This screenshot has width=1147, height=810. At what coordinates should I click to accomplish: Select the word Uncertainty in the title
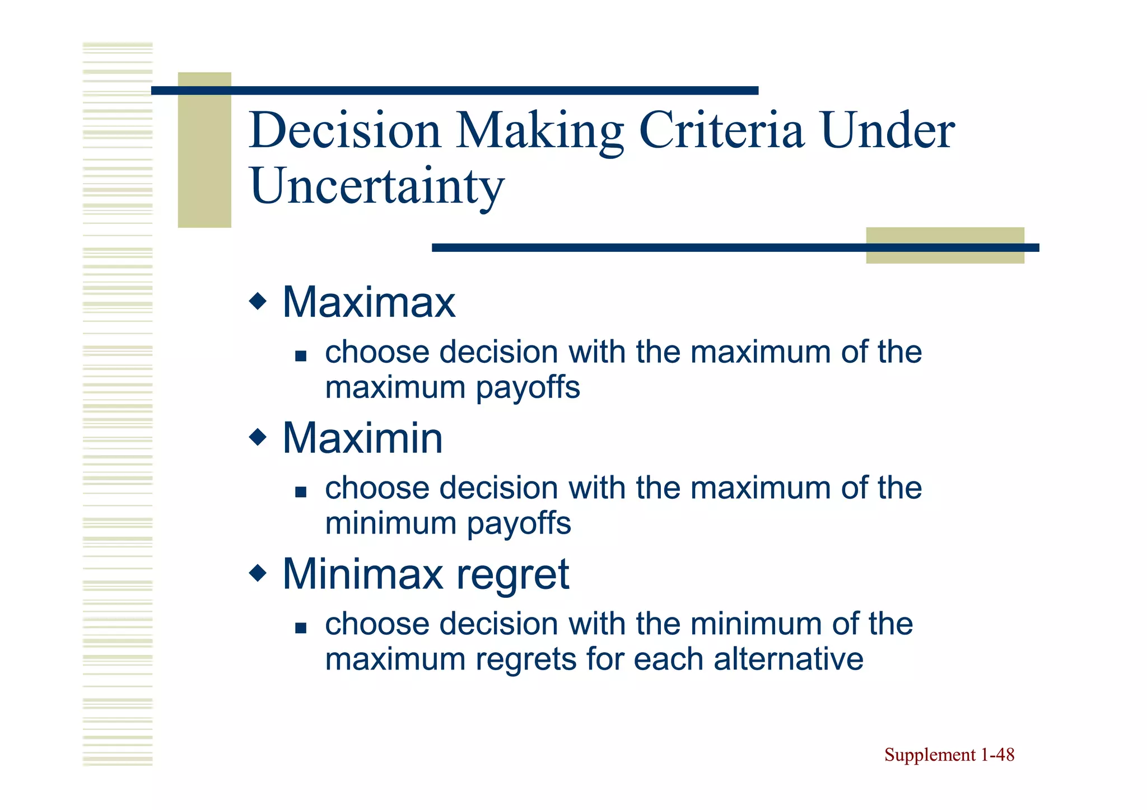tap(376, 186)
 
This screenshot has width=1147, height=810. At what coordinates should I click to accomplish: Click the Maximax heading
tap(369, 302)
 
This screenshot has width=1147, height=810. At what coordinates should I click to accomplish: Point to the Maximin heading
tap(362, 438)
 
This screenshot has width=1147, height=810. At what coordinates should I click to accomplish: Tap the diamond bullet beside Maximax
tap(258, 301)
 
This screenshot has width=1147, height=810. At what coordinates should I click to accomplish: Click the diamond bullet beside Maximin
tap(258, 437)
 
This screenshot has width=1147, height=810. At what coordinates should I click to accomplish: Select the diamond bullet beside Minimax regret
tap(258, 573)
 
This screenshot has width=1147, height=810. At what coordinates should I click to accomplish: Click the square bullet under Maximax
tap(301, 356)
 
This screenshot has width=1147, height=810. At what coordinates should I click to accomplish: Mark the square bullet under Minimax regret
tap(301, 628)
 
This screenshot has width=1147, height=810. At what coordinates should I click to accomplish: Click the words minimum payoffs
tap(448, 524)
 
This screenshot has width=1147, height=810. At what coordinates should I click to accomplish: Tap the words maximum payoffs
tap(453, 388)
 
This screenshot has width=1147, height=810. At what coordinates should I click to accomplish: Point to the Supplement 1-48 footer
tap(949, 755)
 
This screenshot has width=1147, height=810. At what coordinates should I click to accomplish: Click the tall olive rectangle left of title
tap(204, 150)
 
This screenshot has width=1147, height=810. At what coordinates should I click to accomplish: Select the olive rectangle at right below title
tap(945, 245)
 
